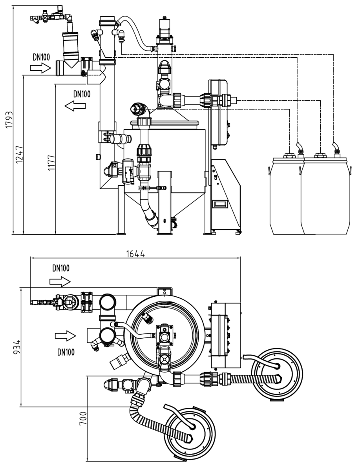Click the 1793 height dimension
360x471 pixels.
click(9, 120)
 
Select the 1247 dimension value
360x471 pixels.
click(19, 154)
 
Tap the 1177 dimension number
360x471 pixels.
click(51, 163)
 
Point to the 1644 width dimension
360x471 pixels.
click(135, 254)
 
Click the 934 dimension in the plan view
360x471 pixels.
click(17, 347)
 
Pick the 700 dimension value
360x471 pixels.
click(83, 418)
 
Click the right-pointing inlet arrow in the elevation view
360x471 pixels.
click(40, 68)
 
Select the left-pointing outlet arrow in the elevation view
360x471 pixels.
click(75, 106)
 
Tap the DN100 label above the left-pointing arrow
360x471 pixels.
click(82, 94)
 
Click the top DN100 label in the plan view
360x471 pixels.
click(61, 268)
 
